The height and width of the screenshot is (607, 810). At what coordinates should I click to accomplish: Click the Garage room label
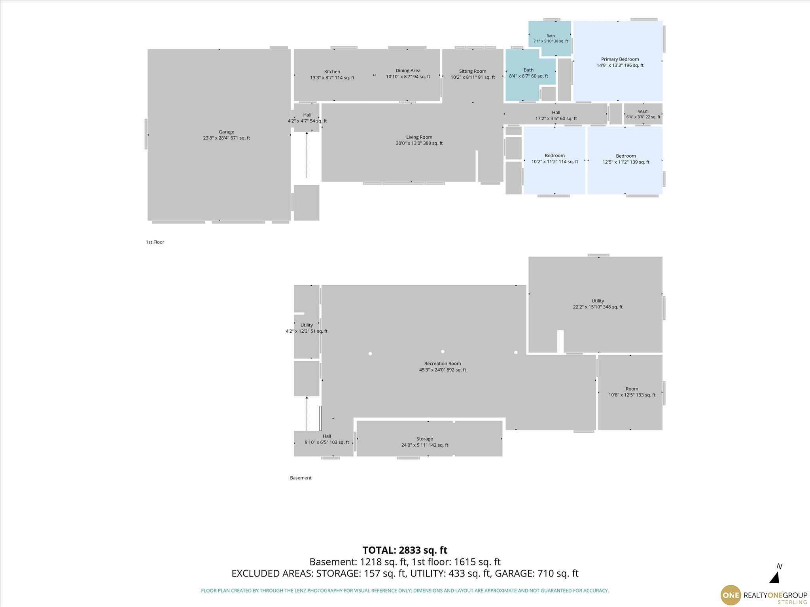(226, 132)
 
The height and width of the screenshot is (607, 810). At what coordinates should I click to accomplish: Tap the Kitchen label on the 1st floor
(332, 72)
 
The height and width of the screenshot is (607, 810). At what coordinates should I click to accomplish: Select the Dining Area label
(408, 71)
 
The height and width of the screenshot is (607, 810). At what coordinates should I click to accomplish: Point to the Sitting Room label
(473, 72)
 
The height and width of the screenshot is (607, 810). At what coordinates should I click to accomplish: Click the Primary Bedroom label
(620, 59)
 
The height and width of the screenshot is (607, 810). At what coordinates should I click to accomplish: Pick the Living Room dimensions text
(419, 143)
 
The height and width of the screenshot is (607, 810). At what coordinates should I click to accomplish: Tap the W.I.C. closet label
(643, 112)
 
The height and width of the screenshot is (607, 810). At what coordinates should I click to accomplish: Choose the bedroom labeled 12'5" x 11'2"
(626, 159)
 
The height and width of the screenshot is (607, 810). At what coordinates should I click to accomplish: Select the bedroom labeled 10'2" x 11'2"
(555, 158)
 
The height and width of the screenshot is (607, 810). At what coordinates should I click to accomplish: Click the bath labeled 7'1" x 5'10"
(551, 38)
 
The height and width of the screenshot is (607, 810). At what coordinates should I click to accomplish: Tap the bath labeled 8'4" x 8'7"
(528, 73)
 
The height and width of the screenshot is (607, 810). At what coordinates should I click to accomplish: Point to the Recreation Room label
(443, 364)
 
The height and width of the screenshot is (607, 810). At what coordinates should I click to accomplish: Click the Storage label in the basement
(424, 439)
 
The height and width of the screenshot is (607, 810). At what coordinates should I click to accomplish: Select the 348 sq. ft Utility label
(598, 304)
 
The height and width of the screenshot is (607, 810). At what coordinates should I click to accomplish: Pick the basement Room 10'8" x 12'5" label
(632, 392)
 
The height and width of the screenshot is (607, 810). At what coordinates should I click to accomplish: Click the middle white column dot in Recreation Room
(443, 351)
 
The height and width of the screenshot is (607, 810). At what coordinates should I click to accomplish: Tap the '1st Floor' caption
(155, 242)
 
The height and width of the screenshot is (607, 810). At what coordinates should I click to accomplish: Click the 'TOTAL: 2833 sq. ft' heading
(405, 550)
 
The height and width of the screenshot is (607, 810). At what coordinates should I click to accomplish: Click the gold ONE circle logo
(730, 595)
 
